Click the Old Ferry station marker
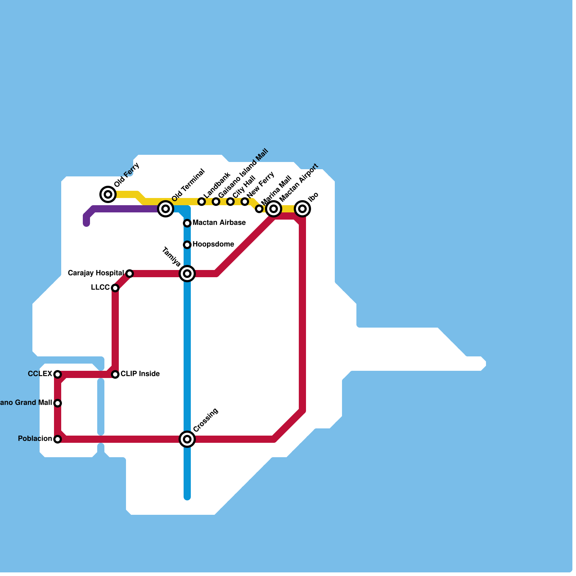(108, 194)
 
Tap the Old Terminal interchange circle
(166, 208)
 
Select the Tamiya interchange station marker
(187, 274)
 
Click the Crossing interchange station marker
(187, 439)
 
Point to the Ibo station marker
(302, 208)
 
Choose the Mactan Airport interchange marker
(274, 208)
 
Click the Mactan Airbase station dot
(187, 223)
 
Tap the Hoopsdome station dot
(187, 245)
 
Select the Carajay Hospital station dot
(130, 274)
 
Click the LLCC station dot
(115, 288)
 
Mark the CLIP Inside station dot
(115, 374)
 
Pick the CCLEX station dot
(58, 374)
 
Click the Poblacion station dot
(58, 439)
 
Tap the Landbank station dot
(202, 202)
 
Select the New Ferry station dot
(245, 202)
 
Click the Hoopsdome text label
(213, 244)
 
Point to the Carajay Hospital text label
(96, 273)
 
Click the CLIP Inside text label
(140, 374)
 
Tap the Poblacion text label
(35, 439)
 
